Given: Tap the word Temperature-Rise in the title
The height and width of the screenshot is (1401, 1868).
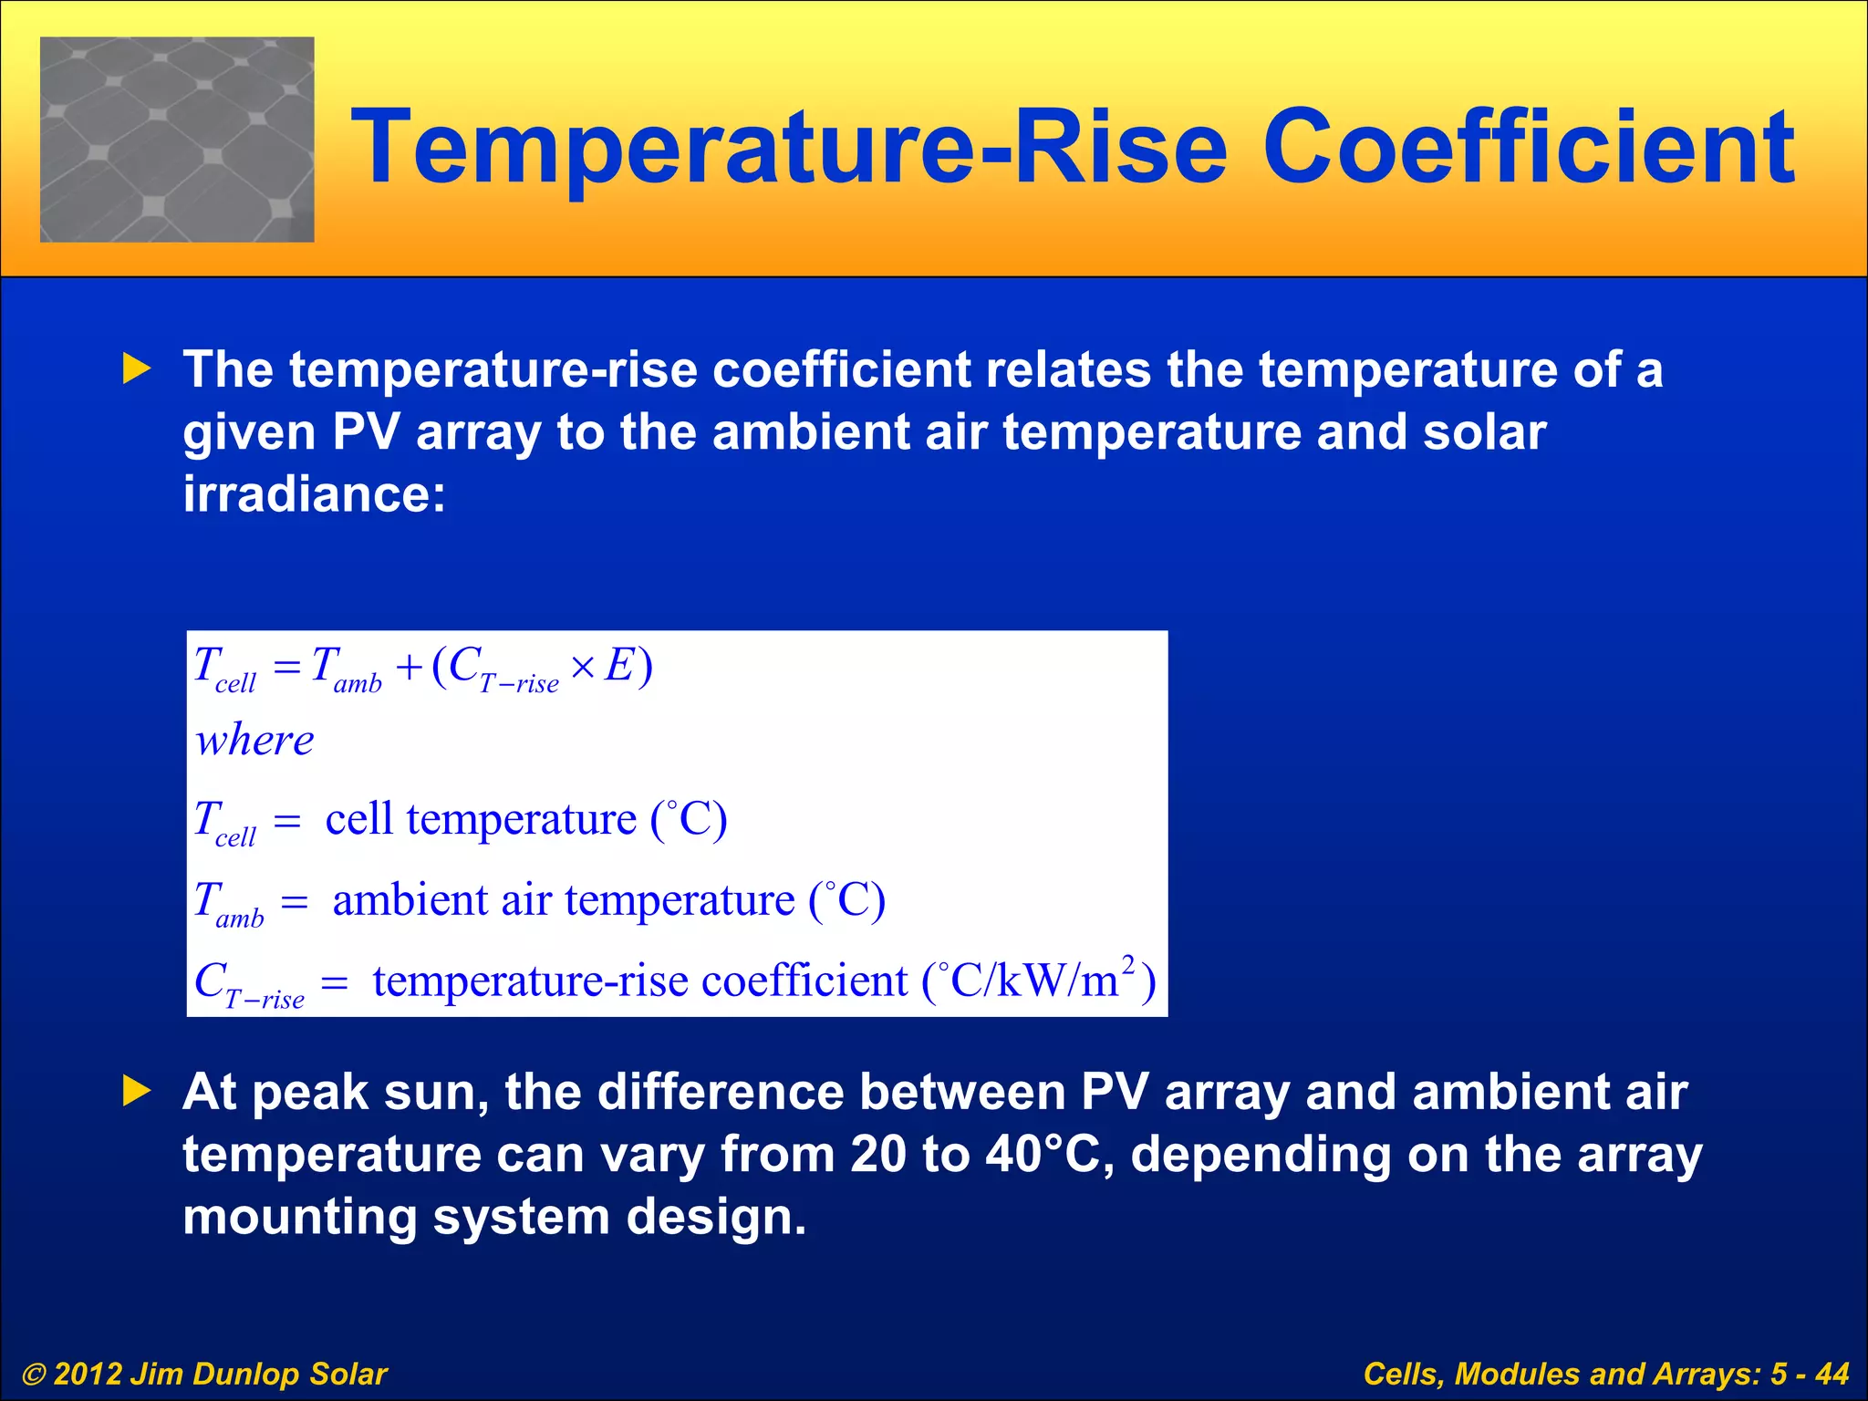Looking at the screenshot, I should click(x=789, y=146).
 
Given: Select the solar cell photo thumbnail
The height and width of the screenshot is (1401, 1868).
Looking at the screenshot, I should click(x=177, y=140).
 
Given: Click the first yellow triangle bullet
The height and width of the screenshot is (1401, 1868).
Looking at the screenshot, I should click(x=137, y=369).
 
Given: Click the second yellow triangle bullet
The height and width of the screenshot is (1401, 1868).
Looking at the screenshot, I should click(x=137, y=1091).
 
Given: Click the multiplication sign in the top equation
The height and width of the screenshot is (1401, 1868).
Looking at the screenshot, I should click(x=583, y=668).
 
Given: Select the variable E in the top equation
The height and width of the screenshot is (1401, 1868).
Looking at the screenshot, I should click(x=619, y=665).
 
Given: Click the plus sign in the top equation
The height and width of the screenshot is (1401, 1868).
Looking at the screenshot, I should click(x=409, y=668).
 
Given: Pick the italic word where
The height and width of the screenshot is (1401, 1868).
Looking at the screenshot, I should click(x=254, y=740).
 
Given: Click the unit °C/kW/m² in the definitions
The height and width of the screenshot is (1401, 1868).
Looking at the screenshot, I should click(x=1036, y=981).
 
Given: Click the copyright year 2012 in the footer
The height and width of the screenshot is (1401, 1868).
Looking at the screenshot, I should click(x=87, y=1374).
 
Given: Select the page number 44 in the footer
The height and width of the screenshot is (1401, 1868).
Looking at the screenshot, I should click(x=1832, y=1374).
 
